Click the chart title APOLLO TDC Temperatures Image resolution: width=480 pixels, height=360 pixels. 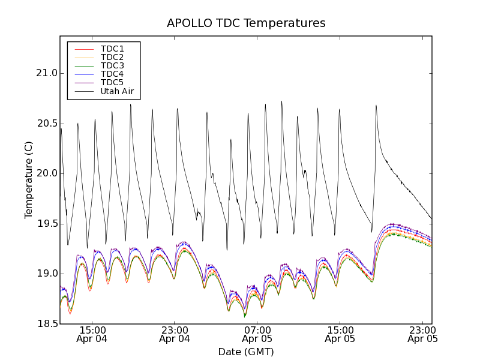246,23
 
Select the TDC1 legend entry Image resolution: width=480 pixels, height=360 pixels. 112,49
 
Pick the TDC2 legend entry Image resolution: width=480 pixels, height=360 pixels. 112,57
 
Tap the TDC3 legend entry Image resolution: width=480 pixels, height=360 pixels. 112,65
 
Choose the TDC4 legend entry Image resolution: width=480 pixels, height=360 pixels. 112,74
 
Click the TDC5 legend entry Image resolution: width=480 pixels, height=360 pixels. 112,83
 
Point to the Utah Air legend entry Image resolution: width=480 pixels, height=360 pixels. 117,92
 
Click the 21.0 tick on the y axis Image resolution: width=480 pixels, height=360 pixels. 46,73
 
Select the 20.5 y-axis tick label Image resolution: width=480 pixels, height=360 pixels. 46,124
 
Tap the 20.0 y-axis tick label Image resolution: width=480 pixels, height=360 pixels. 46,173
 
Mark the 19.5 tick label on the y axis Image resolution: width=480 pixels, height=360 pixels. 46,224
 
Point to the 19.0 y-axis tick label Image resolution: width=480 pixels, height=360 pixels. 46,274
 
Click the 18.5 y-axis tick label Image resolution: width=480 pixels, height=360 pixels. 46,324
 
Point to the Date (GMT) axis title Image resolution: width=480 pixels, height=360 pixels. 246,352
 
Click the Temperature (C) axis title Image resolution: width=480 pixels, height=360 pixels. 29,180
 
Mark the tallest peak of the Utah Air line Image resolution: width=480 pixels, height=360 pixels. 281,102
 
